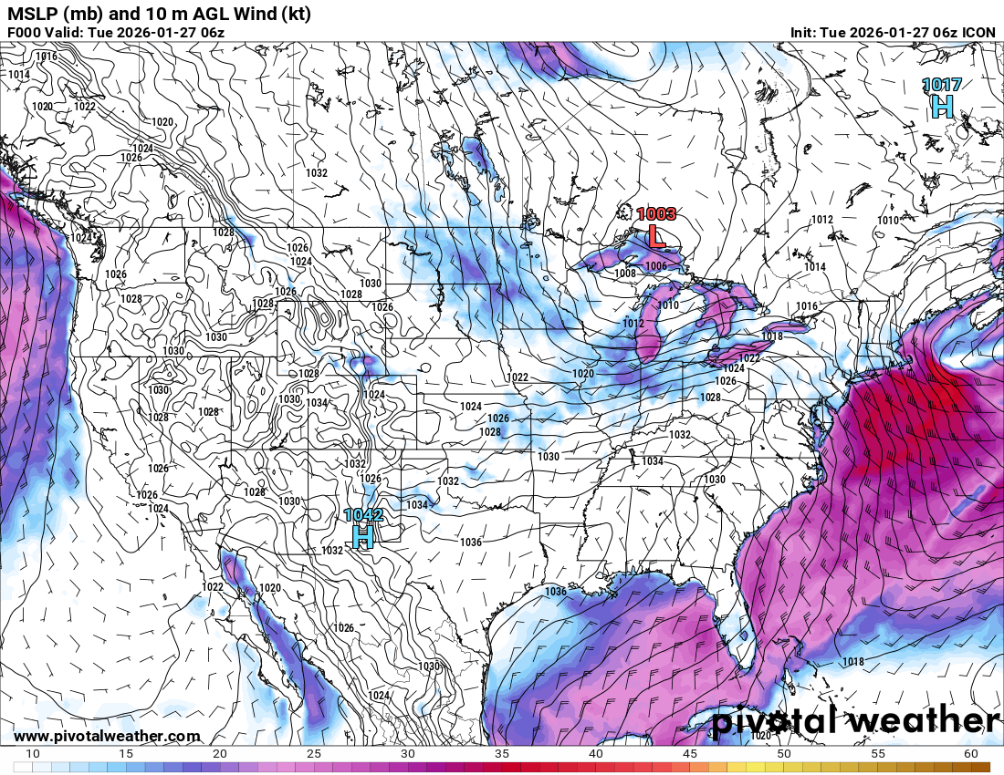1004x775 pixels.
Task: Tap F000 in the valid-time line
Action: point(26,33)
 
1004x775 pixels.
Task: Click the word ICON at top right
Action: point(979,33)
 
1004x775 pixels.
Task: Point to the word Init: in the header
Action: point(808,33)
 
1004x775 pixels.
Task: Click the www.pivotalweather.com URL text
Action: point(107,736)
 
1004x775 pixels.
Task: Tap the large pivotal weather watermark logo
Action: point(855,720)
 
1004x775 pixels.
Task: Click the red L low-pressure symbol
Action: point(655,236)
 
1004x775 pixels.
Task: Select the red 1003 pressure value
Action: point(656,214)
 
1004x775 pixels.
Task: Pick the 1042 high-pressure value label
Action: point(363,515)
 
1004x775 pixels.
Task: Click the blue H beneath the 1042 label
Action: point(363,537)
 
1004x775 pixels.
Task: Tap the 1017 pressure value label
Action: point(941,85)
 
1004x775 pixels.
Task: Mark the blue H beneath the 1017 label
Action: point(942,108)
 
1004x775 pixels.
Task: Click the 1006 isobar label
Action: point(655,265)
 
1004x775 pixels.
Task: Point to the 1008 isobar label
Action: point(624,274)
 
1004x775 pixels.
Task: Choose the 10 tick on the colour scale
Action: point(33,754)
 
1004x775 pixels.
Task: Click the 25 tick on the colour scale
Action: point(314,754)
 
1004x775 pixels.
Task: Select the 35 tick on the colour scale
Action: point(502,754)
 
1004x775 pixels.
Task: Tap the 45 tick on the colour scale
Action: point(690,754)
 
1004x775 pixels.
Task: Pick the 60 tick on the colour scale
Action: point(970,754)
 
